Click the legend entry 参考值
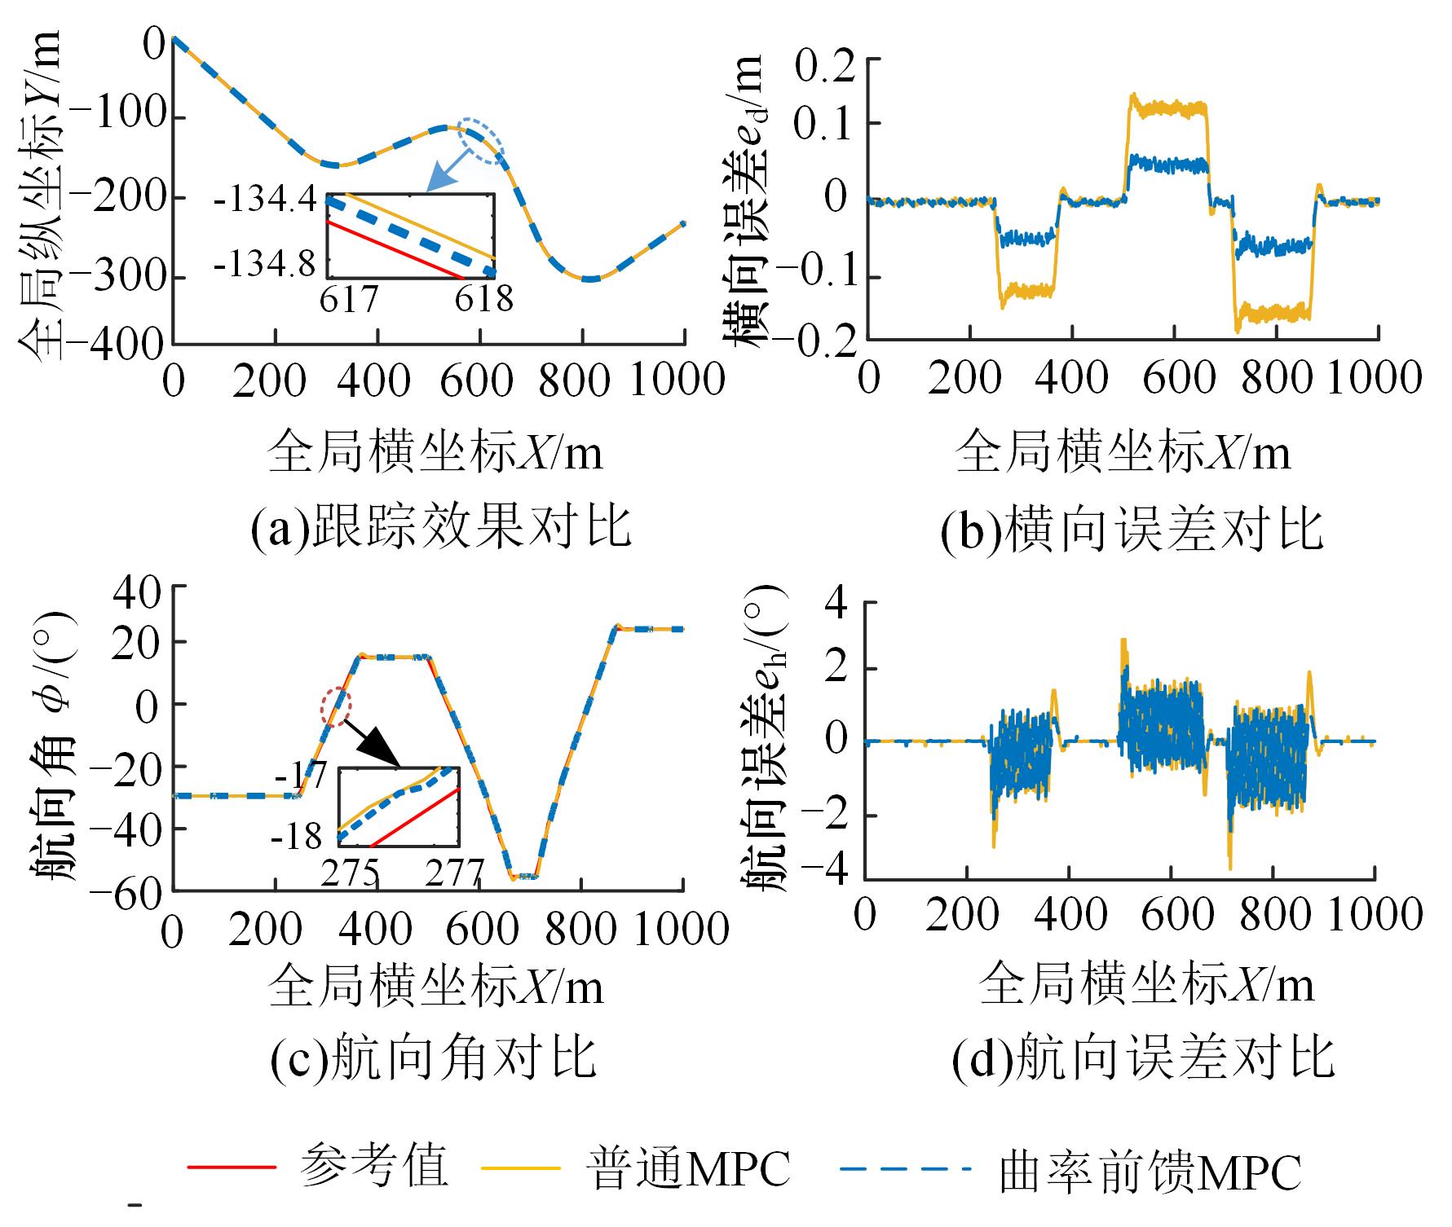click(373, 1167)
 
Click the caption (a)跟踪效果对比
click(440, 527)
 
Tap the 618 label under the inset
click(483, 298)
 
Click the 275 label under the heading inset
click(349, 873)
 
